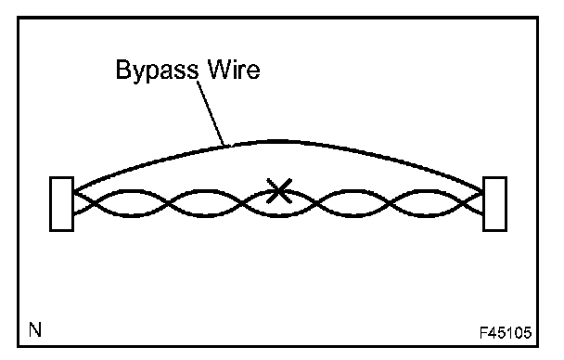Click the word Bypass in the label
[157, 71]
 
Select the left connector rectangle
[62, 203]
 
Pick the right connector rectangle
[495, 203]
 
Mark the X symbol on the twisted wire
[279, 190]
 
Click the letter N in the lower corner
[35, 329]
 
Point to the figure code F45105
[506, 333]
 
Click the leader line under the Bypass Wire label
[211, 113]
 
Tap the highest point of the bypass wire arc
[279, 141]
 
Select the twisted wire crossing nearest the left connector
[93, 203]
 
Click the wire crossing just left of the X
[242, 203]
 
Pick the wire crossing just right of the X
[316, 203]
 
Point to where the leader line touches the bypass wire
[225, 146]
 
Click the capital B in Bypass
[123, 69]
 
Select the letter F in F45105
[484, 333]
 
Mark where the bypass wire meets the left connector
[74, 191]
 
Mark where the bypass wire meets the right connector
[482, 191]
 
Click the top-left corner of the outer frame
[18, 17]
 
